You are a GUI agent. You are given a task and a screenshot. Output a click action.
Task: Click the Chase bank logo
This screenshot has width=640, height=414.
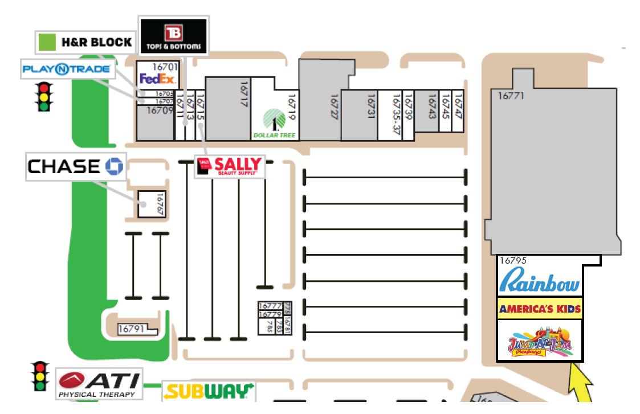pos(75,166)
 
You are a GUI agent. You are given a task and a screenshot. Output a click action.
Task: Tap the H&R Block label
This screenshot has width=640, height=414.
pos(86,42)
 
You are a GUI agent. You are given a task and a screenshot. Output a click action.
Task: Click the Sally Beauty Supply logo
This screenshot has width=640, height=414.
pos(230,166)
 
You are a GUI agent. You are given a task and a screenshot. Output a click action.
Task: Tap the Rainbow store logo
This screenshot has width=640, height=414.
pos(539,282)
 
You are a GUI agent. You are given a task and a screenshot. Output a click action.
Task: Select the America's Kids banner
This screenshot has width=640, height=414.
pos(539,309)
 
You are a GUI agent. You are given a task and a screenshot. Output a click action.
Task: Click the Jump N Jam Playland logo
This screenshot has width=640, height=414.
pos(539,343)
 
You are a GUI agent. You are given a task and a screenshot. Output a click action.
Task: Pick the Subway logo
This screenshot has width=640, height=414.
pos(209,391)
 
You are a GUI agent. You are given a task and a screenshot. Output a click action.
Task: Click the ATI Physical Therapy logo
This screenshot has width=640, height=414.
pos(99,384)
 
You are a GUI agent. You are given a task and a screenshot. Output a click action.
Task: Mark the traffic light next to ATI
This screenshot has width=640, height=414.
pos(39,376)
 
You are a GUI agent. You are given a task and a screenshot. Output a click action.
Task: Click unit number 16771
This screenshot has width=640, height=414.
pos(511,96)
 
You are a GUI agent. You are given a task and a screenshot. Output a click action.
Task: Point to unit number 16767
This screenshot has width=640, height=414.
pos(160,204)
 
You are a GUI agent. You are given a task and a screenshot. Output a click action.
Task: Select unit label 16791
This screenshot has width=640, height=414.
pos(132,329)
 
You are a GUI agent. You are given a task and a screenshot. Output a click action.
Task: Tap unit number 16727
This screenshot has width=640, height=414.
pos(335,106)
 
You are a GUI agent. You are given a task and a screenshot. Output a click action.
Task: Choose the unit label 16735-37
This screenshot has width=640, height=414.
pos(397,114)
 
